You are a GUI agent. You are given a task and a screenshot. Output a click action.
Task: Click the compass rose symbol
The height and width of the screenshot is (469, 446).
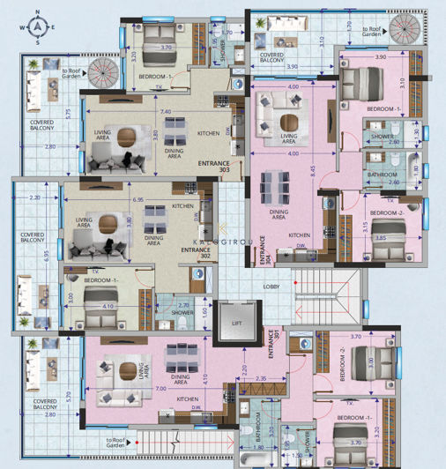(39, 27)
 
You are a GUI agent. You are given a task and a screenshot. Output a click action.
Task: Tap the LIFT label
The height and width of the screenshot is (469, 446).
(235, 324)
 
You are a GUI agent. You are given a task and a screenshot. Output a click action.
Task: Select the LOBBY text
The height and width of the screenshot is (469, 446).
(271, 286)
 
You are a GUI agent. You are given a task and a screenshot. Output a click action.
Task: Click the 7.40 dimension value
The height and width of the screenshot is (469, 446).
(165, 113)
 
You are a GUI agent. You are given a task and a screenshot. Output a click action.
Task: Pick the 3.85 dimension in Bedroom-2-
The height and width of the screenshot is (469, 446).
(382, 238)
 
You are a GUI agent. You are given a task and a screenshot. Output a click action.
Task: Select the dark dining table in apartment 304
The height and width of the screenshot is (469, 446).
(273, 190)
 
